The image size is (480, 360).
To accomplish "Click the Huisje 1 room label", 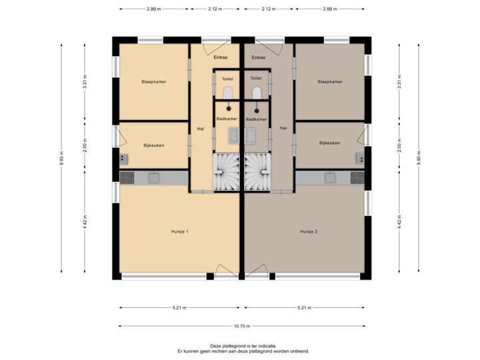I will coord(179,231).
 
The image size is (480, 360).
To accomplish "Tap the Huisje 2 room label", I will coord(309,231).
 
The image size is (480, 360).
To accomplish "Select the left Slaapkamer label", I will coord(153,82).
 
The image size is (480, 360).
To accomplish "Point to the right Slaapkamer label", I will coord(330,82).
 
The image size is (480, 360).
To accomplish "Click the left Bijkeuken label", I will coord(153,144).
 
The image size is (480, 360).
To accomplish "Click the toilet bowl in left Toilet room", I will coord(228,92).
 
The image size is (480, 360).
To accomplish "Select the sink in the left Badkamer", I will coord(234,135).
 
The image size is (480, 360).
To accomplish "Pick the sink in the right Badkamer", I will coord(251,135).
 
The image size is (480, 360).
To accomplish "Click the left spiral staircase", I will coord(227,172).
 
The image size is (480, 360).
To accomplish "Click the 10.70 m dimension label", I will coord(241,326).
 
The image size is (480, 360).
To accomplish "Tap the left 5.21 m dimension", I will coord(179,308).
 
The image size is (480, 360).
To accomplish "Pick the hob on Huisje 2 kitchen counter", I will coord(357,178).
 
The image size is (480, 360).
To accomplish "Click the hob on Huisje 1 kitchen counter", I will coord(127,177).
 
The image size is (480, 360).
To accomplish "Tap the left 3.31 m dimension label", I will coord(85,81).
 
